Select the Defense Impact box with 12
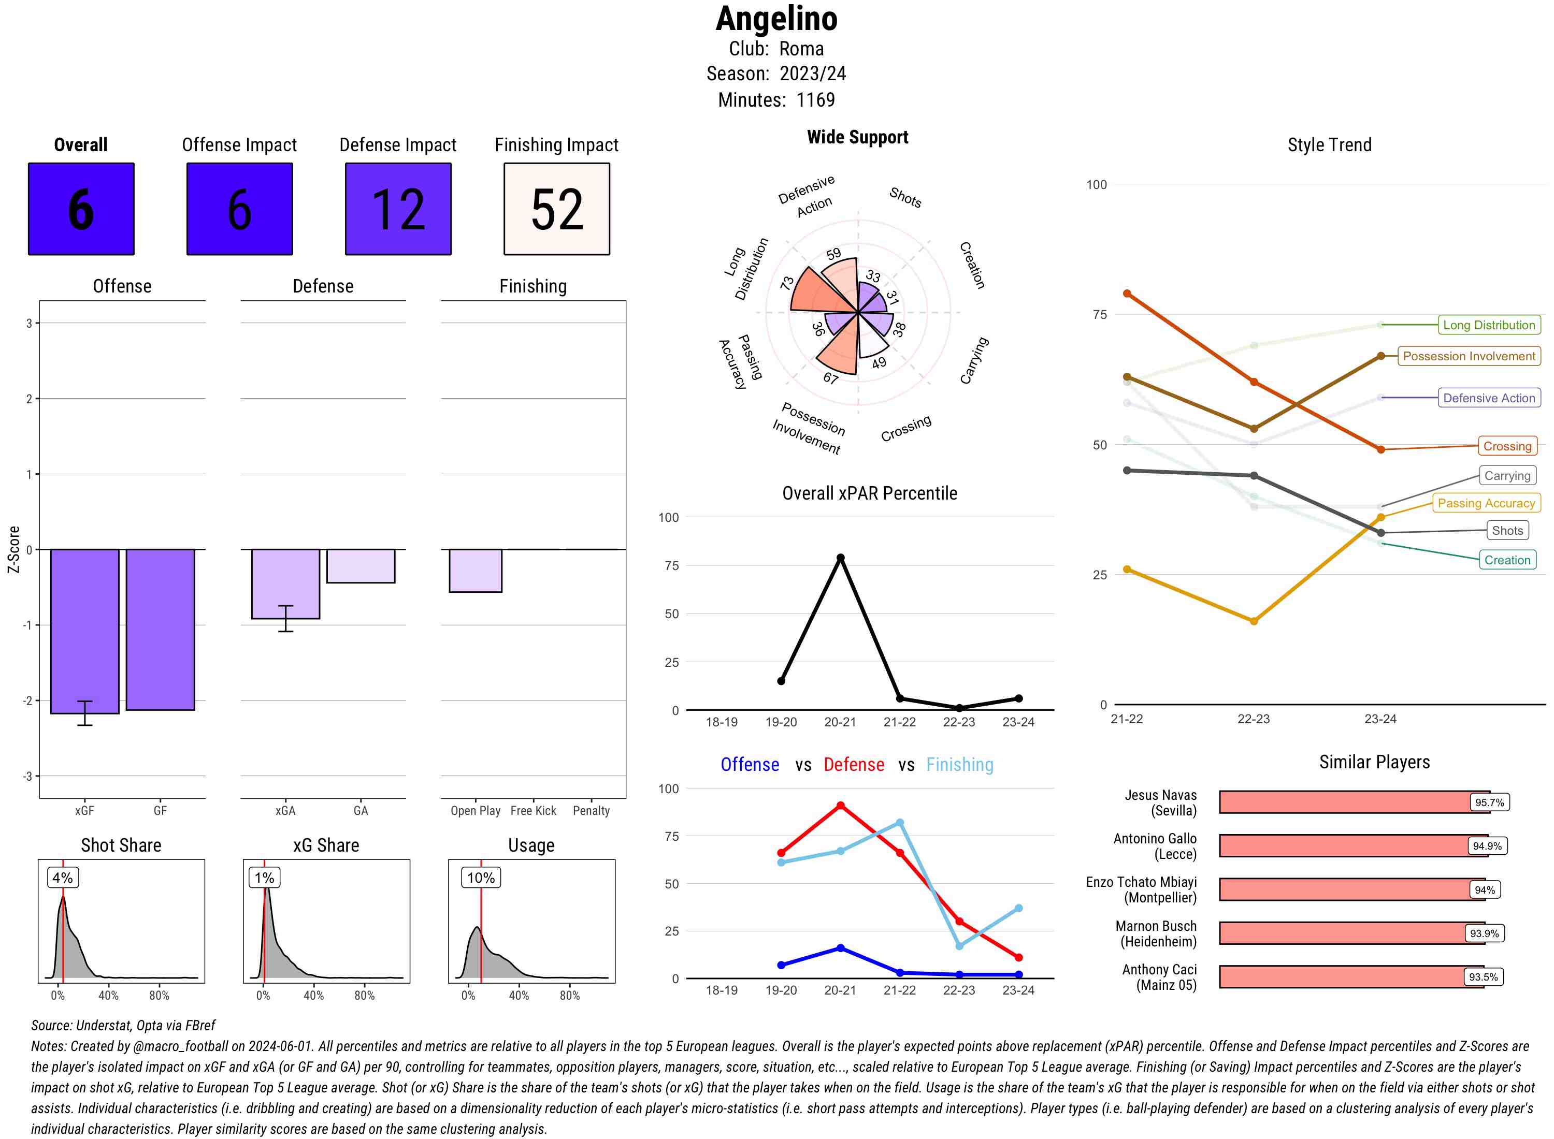[x=398, y=209]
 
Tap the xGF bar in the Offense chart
[x=84, y=631]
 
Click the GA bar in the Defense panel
[x=361, y=566]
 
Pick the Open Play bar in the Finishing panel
[x=475, y=570]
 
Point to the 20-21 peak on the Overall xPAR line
[x=840, y=558]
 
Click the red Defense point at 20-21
[x=840, y=805]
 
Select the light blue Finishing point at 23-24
[x=1018, y=908]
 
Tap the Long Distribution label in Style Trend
[x=1489, y=325]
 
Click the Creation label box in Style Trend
[x=1507, y=560]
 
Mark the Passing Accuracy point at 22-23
[x=1253, y=621]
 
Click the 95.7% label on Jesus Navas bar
[x=1489, y=802]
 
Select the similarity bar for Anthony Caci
[x=1350, y=977]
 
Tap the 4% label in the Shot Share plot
[x=63, y=878]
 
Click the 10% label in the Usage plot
[x=481, y=878]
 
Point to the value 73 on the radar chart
[x=787, y=283]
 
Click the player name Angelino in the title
[x=776, y=19]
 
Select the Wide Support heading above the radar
[x=857, y=137]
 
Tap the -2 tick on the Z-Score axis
[x=28, y=700]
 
